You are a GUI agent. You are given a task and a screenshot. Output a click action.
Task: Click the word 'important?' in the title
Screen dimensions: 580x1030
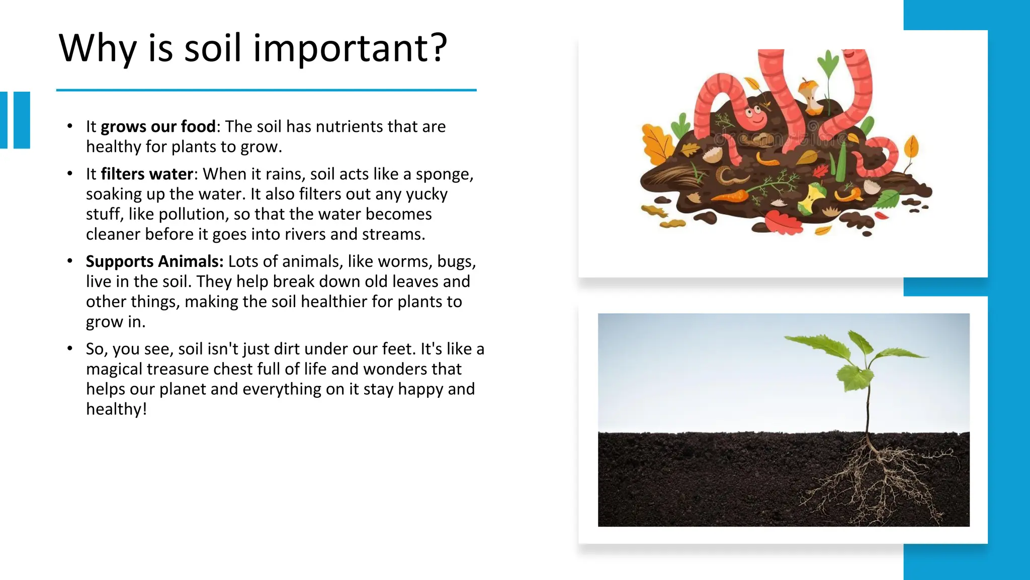click(350, 49)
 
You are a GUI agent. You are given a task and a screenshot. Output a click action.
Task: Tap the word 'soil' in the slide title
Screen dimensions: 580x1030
click(212, 49)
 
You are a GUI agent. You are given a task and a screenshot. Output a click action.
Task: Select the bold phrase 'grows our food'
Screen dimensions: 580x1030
click(158, 126)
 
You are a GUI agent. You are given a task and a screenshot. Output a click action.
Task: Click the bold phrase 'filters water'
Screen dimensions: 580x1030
click(147, 174)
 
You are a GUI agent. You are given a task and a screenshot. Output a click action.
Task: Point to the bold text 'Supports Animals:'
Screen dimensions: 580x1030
click(154, 261)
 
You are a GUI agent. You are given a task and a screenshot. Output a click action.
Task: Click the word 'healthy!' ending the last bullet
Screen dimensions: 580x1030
click(116, 409)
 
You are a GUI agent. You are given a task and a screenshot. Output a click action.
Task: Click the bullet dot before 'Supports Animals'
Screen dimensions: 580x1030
click(70, 261)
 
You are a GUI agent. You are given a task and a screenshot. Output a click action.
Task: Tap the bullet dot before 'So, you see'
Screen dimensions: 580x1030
click(70, 348)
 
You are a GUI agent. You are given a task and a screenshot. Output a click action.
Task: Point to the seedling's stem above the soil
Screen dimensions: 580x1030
click(868, 408)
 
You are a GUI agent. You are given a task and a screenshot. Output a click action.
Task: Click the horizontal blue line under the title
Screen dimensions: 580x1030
click(266, 90)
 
